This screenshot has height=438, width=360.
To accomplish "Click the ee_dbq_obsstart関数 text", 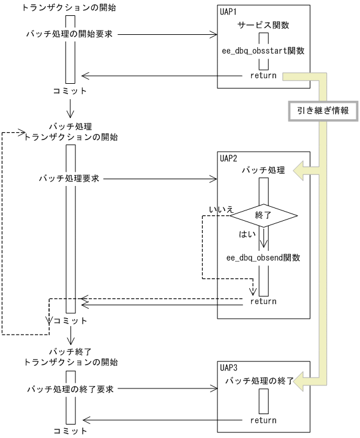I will pyautogui.click(x=263, y=53).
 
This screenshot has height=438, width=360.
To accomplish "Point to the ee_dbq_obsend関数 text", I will pyautogui.click(x=263, y=258).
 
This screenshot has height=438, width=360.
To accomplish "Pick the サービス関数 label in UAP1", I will pyautogui.click(x=263, y=27).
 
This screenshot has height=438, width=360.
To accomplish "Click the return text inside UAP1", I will pyautogui.click(x=263, y=76).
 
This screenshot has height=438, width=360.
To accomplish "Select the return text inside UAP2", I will pyautogui.click(x=263, y=301).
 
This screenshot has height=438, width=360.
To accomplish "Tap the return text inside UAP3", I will pyautogui.click(x=263, y=420).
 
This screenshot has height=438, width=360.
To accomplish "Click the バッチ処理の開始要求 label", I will pyautogui.click(x=69, y=34).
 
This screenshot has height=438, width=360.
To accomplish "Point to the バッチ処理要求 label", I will pyautogui.click(x=69, y=179).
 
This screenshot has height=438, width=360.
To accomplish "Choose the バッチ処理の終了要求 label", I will pyautogui.click(x=69, y=388).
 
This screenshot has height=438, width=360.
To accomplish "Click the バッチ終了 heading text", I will pyautogui.click(x=69, y=351).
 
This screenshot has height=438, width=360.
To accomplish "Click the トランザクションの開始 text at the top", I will pyautogui.click(x=69, y=8).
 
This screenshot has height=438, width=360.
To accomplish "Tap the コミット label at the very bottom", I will pyautogui.click(x=69, y=431).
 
